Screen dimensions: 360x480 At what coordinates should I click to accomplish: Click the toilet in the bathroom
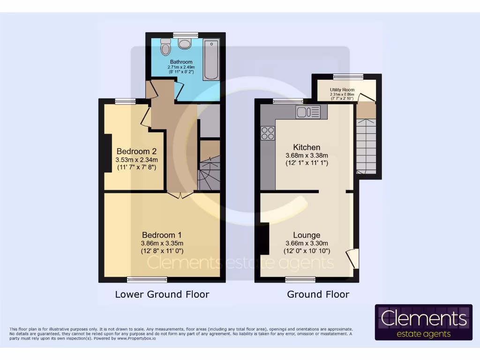[x=165, y=47]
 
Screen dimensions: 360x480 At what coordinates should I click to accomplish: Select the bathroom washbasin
[x=185, y=44]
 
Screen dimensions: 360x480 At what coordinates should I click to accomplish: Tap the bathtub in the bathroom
[x=210, y=60]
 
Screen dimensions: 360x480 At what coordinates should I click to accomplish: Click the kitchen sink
[x=308, y=112]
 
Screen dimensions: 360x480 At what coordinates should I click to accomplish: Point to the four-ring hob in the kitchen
[x=268, y=133]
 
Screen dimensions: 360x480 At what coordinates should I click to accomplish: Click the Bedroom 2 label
[x=136, y=151]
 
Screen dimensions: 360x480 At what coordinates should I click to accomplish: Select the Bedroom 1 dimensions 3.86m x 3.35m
[x=162, y=243]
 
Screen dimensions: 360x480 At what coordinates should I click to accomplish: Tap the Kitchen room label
[x=307, y=147]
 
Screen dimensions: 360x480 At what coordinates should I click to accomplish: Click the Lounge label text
[x=307, y=235]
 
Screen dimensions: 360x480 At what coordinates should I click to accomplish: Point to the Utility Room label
[x=342, y=90]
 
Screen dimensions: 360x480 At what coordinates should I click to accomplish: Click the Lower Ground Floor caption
[x=162, y=294]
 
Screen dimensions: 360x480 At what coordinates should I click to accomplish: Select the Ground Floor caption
[x=318, y=294]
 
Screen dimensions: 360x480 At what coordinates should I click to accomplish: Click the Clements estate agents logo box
[x=423, y=322]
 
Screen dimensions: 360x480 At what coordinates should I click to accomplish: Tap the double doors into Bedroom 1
[x=180, y=195]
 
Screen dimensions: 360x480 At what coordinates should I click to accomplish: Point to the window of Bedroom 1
[x=147, y=280]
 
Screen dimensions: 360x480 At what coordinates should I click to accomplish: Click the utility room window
[x=348, y=76]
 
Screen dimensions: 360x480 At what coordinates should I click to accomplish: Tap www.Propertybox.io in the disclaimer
[x=136, y=338]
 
